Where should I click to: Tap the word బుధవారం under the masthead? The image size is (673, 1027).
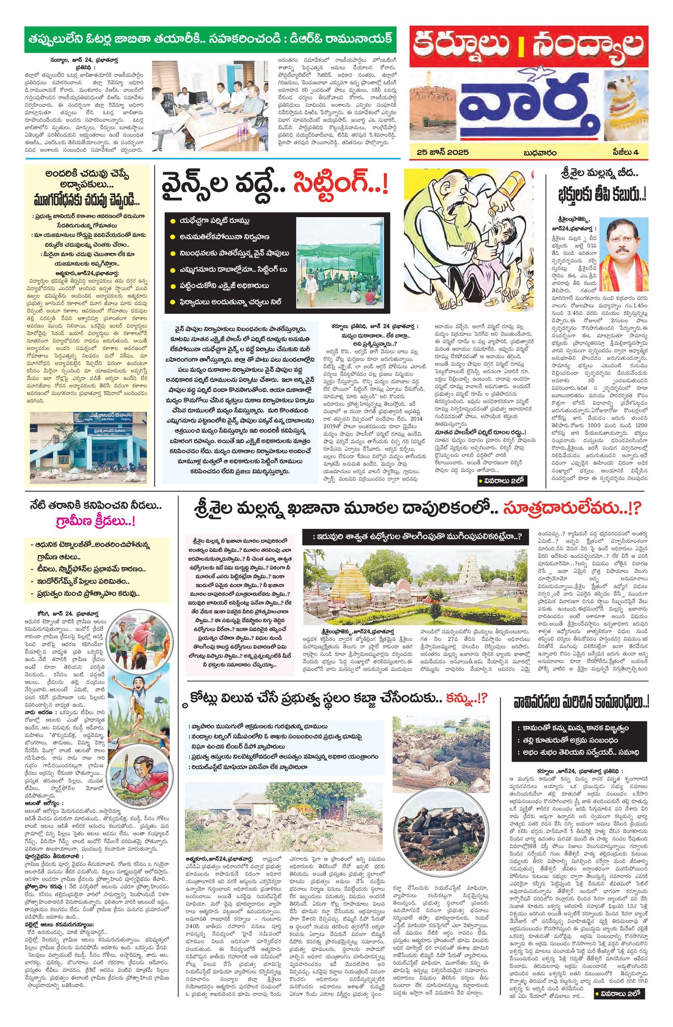click(x=540, y=152)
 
